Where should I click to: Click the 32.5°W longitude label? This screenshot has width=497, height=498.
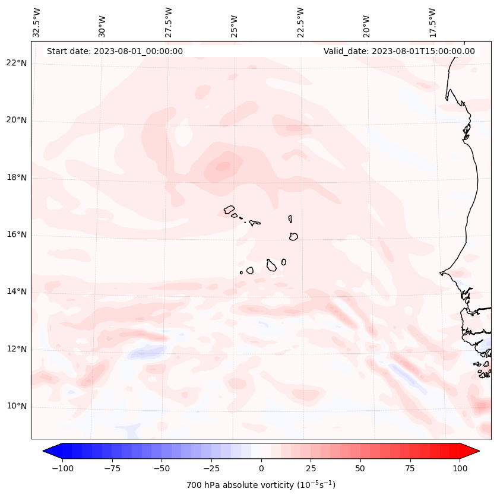click(x=37, y=23)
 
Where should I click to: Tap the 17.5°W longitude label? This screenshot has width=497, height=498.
click(x=433, y=23)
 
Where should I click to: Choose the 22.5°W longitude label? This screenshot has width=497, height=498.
click(x=301, y=23)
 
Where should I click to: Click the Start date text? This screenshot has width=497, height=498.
click(x=115, y=51)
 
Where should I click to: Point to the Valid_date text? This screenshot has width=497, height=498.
click(x=399, y=51)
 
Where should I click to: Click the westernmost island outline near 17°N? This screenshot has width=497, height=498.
click(x=229, y=210)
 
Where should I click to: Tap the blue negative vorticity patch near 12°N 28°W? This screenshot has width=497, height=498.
click(x=143, y=353)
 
